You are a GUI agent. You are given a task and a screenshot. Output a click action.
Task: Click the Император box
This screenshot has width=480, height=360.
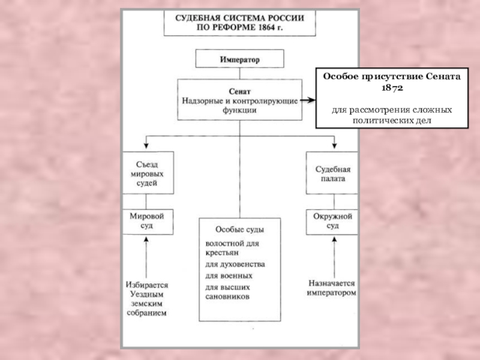[x=239, y=59]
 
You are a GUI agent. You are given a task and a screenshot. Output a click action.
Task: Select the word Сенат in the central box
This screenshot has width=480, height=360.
[x=239, y=92]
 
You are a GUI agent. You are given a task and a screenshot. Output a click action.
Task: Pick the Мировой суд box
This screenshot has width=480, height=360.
[x=148, y=221]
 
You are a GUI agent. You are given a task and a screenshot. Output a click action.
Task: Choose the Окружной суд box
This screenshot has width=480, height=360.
[x=332, y=221]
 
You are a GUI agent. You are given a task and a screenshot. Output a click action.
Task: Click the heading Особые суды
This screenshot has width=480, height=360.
[x=239, y=230]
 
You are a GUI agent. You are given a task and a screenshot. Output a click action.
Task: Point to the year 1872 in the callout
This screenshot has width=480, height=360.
[x=393, y=88]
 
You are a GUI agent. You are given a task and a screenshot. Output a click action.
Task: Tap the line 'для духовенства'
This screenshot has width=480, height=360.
[x=235, y=264]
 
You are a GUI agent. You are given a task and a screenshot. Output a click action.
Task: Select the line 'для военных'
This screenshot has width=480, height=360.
[x=229, y=275]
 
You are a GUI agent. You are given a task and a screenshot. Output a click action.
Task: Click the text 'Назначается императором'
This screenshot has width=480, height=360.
[x=332, y=287]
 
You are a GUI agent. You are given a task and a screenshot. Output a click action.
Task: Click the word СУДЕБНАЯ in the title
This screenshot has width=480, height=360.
[x=199, y=19]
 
